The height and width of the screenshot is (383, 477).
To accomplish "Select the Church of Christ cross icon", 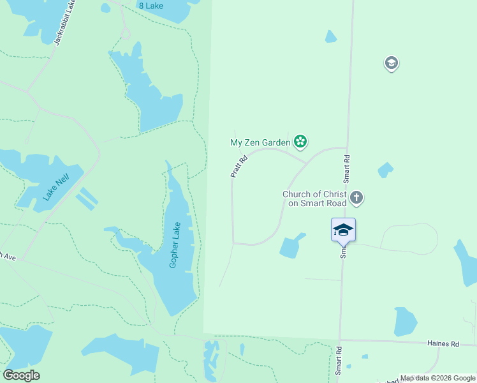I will tap(357, 198).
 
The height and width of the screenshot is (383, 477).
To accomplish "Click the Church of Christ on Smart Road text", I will tap(314, 199).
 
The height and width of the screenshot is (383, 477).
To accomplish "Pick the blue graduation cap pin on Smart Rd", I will tap(343, 230).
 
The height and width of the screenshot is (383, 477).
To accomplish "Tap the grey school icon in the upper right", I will tap(391, 63).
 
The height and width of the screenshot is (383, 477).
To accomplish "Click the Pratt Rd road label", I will tap(238, 166).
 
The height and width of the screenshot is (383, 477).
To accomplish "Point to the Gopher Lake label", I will tap(175, 244).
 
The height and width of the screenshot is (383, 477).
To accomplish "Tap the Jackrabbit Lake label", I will tap(66, 23).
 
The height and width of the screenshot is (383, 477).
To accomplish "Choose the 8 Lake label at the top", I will tap(151, 6).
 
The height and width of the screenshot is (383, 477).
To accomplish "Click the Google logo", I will tap(21, 375).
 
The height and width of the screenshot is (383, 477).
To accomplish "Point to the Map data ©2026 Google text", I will tap(437, 378).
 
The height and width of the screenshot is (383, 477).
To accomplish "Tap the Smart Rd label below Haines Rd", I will tap(339, 361).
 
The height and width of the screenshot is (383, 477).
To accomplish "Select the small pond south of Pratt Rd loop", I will tap(291, 246).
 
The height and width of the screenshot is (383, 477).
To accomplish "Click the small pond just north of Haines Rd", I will tap(404, 322).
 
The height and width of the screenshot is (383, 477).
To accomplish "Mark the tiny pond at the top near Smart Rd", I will tap(330, 36).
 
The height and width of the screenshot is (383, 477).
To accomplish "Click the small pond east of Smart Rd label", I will tap(385, 170).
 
